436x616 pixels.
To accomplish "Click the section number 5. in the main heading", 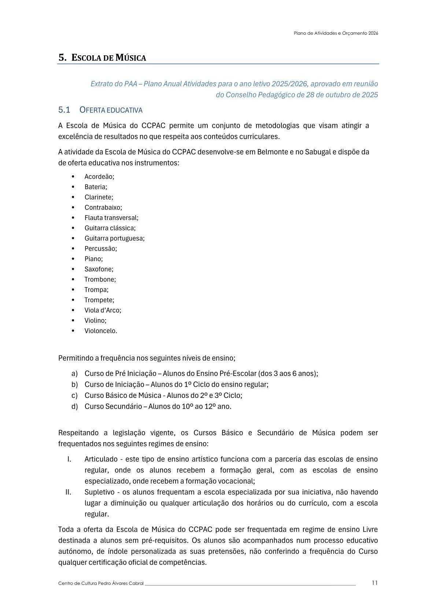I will pyautogui.click(x=62, y=57).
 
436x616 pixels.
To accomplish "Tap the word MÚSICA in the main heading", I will pyautogui.click(x=131, y=58).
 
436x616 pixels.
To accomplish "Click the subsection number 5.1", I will pyautogui.click(x=64, y=110).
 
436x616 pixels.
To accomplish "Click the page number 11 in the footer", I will pyautogui.click(x=374, y=583).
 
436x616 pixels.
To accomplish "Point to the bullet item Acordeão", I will pyautogui.click(x=99, y=177).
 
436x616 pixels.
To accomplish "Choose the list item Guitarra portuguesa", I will pyautogui.click(x=114, y=238).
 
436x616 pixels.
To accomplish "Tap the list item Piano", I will pyautogui.click(x=93, y=259).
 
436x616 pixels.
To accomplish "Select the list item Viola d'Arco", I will pyautogui.click(x=103, y=310).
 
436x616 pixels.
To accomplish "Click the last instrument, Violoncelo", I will pyautogui.click(x=101, y=331).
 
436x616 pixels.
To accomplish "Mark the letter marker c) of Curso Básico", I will pyautogui.click(x=74, y=395).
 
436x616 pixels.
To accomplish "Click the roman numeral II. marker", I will pyautogui.click(x=68, y=492).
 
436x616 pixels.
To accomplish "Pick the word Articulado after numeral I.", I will pyautogui.click(x=101, y=459).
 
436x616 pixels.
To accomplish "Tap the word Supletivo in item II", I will pyautogui.click(x=99, y=492).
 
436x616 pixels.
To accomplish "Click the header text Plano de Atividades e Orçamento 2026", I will pyautogui.click(x=336, y=33).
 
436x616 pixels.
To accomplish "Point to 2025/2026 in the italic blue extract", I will pyautogui.click(x=289, y=84).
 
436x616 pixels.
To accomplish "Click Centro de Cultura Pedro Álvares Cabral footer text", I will pyautogui.click(x=101, y=583).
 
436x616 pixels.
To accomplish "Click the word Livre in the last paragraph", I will pyautogui.click(x=370, y=529).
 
